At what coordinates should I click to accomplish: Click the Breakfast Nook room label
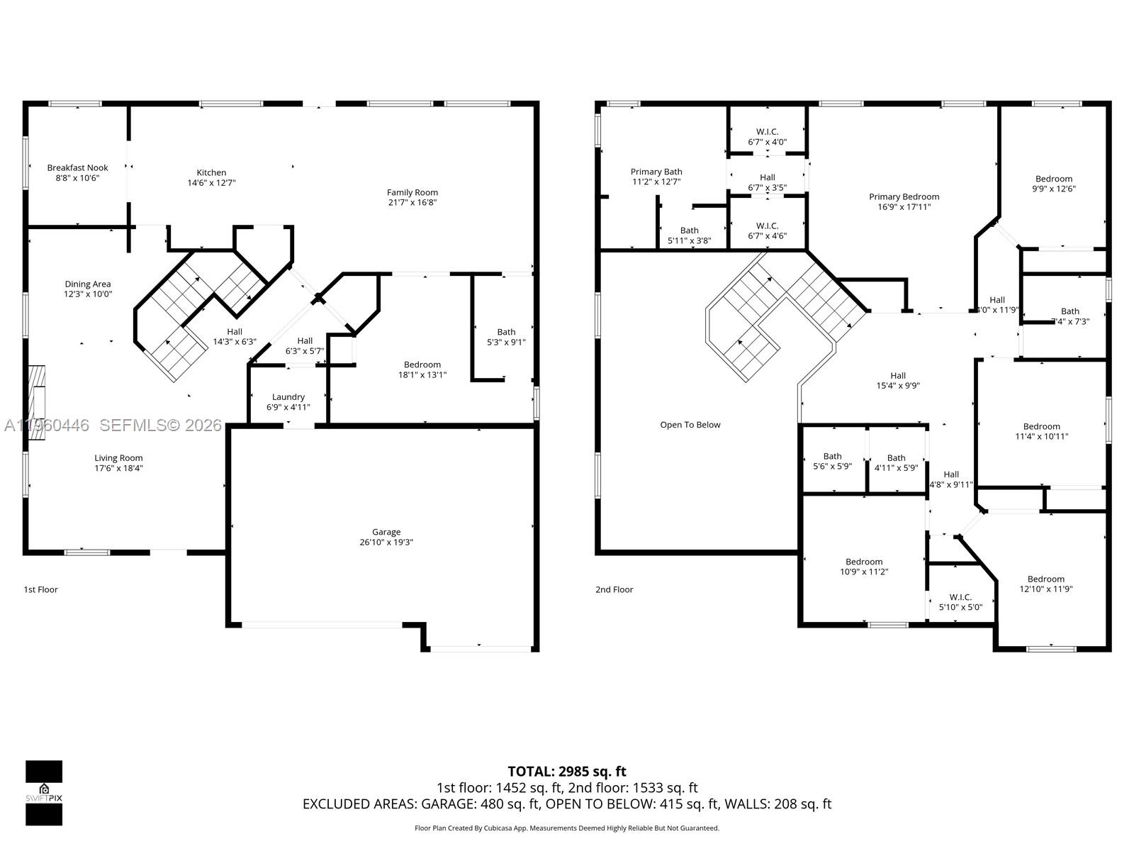(77, 168)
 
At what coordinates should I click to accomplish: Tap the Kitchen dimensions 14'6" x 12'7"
(211, 183)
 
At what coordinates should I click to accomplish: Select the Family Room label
(412, 192)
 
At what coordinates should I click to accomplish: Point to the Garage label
(386, 532)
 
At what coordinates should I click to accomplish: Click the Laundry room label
(288, 397)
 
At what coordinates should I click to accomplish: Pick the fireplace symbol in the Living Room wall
(35, 403)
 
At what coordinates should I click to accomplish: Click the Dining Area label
(88, 284)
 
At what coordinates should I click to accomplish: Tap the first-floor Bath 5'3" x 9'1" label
(506, 332)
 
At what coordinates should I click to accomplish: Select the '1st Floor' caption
(40, 589)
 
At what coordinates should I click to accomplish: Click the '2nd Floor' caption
(614, 589)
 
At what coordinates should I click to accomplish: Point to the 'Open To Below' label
(690, 425)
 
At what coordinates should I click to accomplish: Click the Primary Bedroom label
(904, 197)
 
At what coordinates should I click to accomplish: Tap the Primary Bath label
(656, 172)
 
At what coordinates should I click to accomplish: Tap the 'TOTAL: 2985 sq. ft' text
(566, 771)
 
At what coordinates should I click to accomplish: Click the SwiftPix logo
(44, 792)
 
